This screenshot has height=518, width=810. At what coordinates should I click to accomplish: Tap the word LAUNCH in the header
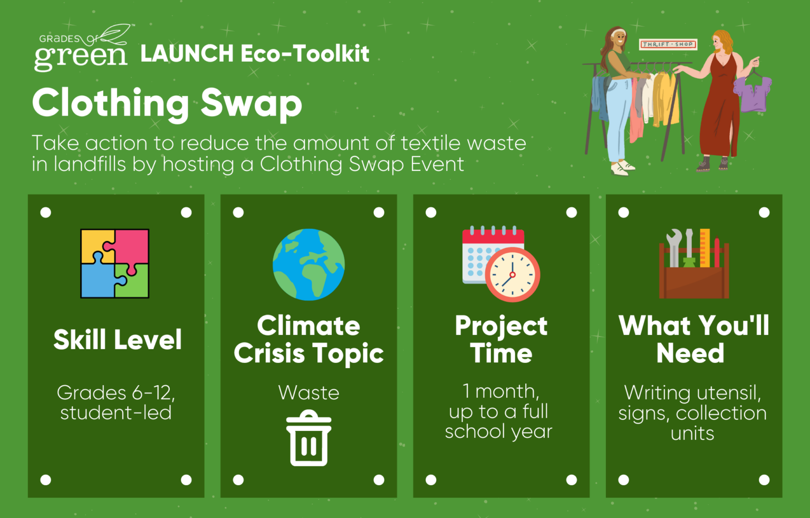[187, 53]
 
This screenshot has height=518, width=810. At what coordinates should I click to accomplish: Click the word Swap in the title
[252, 103]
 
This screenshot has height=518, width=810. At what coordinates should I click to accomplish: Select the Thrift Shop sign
[668, 44]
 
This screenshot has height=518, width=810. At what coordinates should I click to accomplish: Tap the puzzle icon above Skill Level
[114, 263]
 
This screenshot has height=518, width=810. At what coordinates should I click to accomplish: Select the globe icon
[308, 264]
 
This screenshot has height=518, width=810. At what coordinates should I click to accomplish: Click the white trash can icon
[308, 438]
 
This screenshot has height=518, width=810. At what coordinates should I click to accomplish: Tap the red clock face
[513, 274]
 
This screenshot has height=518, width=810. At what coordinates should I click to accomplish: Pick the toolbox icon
[694, 263]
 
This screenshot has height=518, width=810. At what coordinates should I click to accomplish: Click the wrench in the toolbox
[673, 248]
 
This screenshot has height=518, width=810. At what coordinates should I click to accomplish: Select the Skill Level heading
[118, 339]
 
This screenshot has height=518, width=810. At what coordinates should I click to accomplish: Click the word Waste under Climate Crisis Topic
[308, 392]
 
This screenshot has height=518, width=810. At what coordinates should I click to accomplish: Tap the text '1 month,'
[501, 391]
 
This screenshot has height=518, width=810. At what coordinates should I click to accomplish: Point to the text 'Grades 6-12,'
[115, 392]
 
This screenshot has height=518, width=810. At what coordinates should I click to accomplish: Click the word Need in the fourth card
[690, 353]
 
